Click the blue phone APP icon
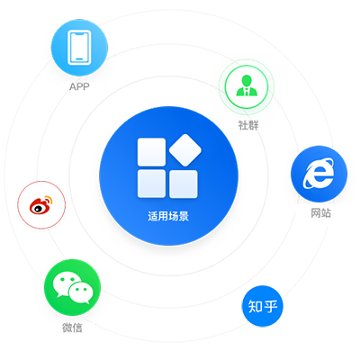79,48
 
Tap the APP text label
79,86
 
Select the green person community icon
247,86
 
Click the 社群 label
248,125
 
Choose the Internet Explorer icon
319,174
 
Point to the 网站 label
320,213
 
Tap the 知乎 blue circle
263,306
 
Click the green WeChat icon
72,287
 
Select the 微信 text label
72,328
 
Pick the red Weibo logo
41,205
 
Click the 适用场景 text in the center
168,216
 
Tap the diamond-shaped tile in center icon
185,150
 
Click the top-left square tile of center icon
151,152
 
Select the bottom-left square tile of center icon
151,184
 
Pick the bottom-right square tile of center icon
184,184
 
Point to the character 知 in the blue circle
256,306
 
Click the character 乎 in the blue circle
270,306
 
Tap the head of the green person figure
247,80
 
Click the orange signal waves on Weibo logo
48,200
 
